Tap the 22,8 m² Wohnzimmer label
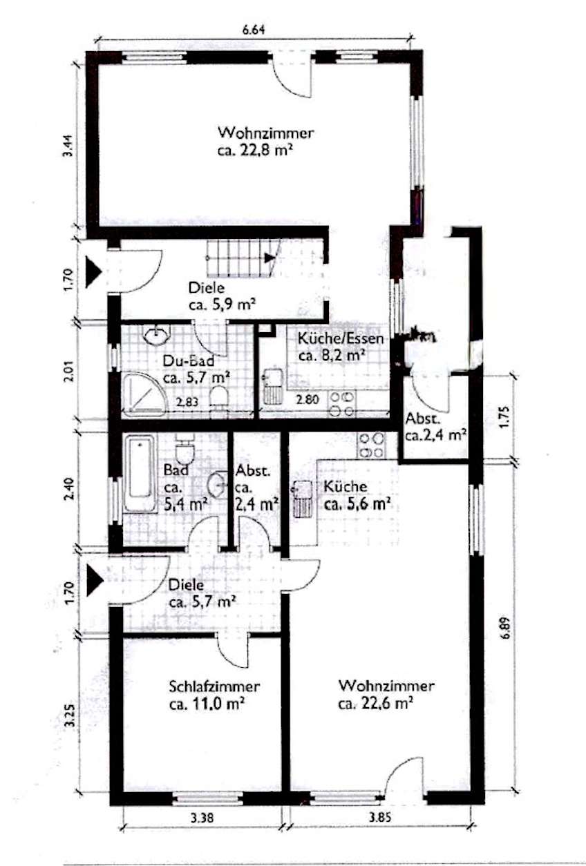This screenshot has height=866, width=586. tap(266, 141)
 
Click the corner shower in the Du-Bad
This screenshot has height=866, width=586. tap(144, 394)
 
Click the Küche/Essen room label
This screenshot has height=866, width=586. tap(341, 347)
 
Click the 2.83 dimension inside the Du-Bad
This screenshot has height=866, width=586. tap(187, 401)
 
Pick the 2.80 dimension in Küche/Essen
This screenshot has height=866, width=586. tap(308, 398)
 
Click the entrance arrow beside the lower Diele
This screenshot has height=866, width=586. tap(95, 580)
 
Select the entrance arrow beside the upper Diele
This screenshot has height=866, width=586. tap(93, 272)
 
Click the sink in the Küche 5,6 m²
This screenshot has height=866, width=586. tap(302, 499)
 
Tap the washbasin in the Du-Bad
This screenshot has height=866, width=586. tap(157, 334)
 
